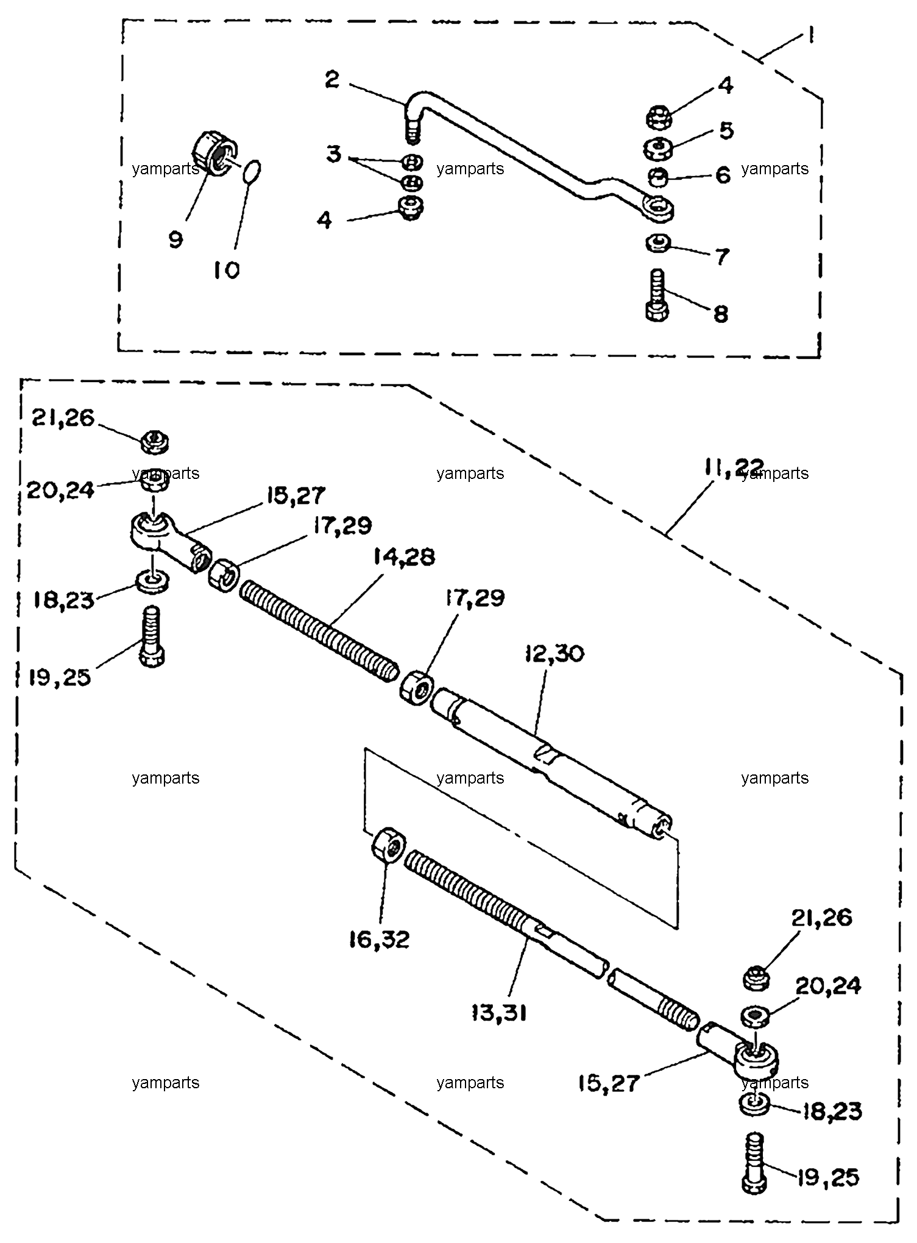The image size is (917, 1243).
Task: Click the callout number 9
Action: coord(175,239)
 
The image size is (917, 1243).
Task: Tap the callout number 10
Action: coord(227,270)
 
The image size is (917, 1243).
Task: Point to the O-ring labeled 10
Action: coord(253,171)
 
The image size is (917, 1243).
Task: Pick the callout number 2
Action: coord(332,79)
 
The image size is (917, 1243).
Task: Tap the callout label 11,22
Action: coord(734,468)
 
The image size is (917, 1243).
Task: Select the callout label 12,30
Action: coord(553,654)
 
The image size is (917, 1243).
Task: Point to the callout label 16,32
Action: coord(380,940)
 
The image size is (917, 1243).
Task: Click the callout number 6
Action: coord(723,175)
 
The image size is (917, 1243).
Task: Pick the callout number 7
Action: coord(721,257)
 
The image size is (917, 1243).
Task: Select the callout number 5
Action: coord(726,130)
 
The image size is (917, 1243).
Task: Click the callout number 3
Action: coord(333,154)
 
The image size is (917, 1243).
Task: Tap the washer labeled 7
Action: coord(657,244)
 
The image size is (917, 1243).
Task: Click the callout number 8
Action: coord(721,314)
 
